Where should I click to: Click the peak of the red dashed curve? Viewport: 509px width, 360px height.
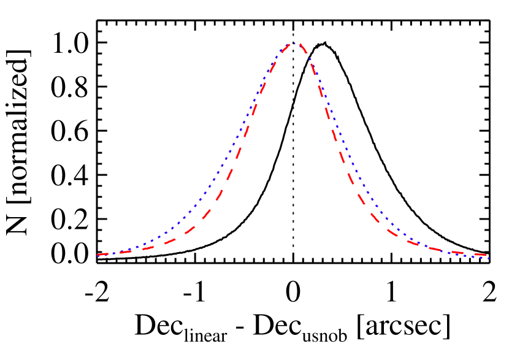tap(295, 44)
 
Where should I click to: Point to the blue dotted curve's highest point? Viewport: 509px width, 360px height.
tap(293, 44)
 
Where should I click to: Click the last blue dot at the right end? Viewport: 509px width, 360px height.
tap(489, 258)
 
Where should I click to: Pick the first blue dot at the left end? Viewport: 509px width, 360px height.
tap(98, 255)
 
